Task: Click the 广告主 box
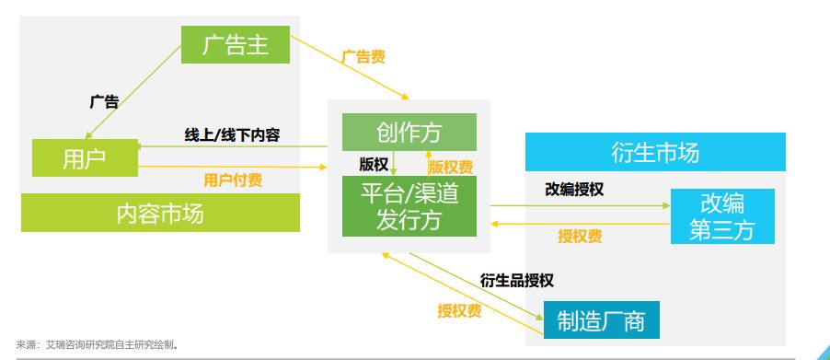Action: pyautogui.click(x=236, y=44)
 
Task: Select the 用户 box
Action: pyautogui.click(x=85, y=157)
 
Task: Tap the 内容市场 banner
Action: pyautogui.click(x=160, y=213)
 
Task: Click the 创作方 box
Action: pyautogui.click(x=409, y=132)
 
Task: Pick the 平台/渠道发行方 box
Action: pyautogui.click(x=409, y=206)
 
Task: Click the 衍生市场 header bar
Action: pyautogui.click(x=655, y=152)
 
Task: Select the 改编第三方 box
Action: pyautogui.click(x=722, y=216)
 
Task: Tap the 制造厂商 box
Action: pyautogui.click(x=601, y=319)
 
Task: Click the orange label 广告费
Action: pyautogui.click(x=363, y=57)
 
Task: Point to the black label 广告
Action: pyautogui.click(x=104, y=101)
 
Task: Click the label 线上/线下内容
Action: pyautogui.click(x=232, y=135)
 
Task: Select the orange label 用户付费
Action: pyautogui.click(x=233, y=180)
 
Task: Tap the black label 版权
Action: pyautogui.click(x=374, y=165)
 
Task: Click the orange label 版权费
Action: pyautogui.click(x=451, y=167)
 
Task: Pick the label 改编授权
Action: pyautogui.click(x=574, y=190)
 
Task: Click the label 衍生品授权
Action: pyautogui.click(x=516, y=280)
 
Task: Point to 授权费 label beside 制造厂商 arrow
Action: pyautogui.click(x=459, y=311)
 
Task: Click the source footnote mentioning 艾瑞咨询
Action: pyautogui.click(x=98, y=345)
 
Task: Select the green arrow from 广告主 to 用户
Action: pyautogui.click(x=133, y=93)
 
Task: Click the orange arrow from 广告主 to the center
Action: pyautogui.click(x=350, y=67)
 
